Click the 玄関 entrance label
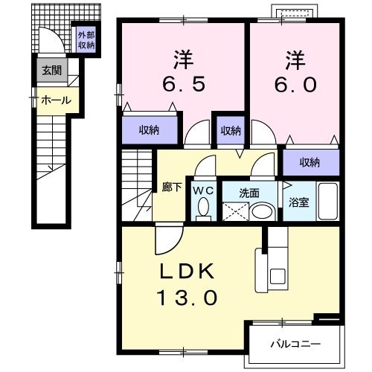(51, 71)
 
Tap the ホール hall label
(55, 100)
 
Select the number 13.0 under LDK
(188, 298)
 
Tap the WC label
(203, 190)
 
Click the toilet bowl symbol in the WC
(204, 210)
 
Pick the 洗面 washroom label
(249, 192)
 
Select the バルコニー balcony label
(295, 345)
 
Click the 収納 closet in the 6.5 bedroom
(149, 130)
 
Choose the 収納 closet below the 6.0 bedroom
(310, 162)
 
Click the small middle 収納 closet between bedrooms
(230, 130)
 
